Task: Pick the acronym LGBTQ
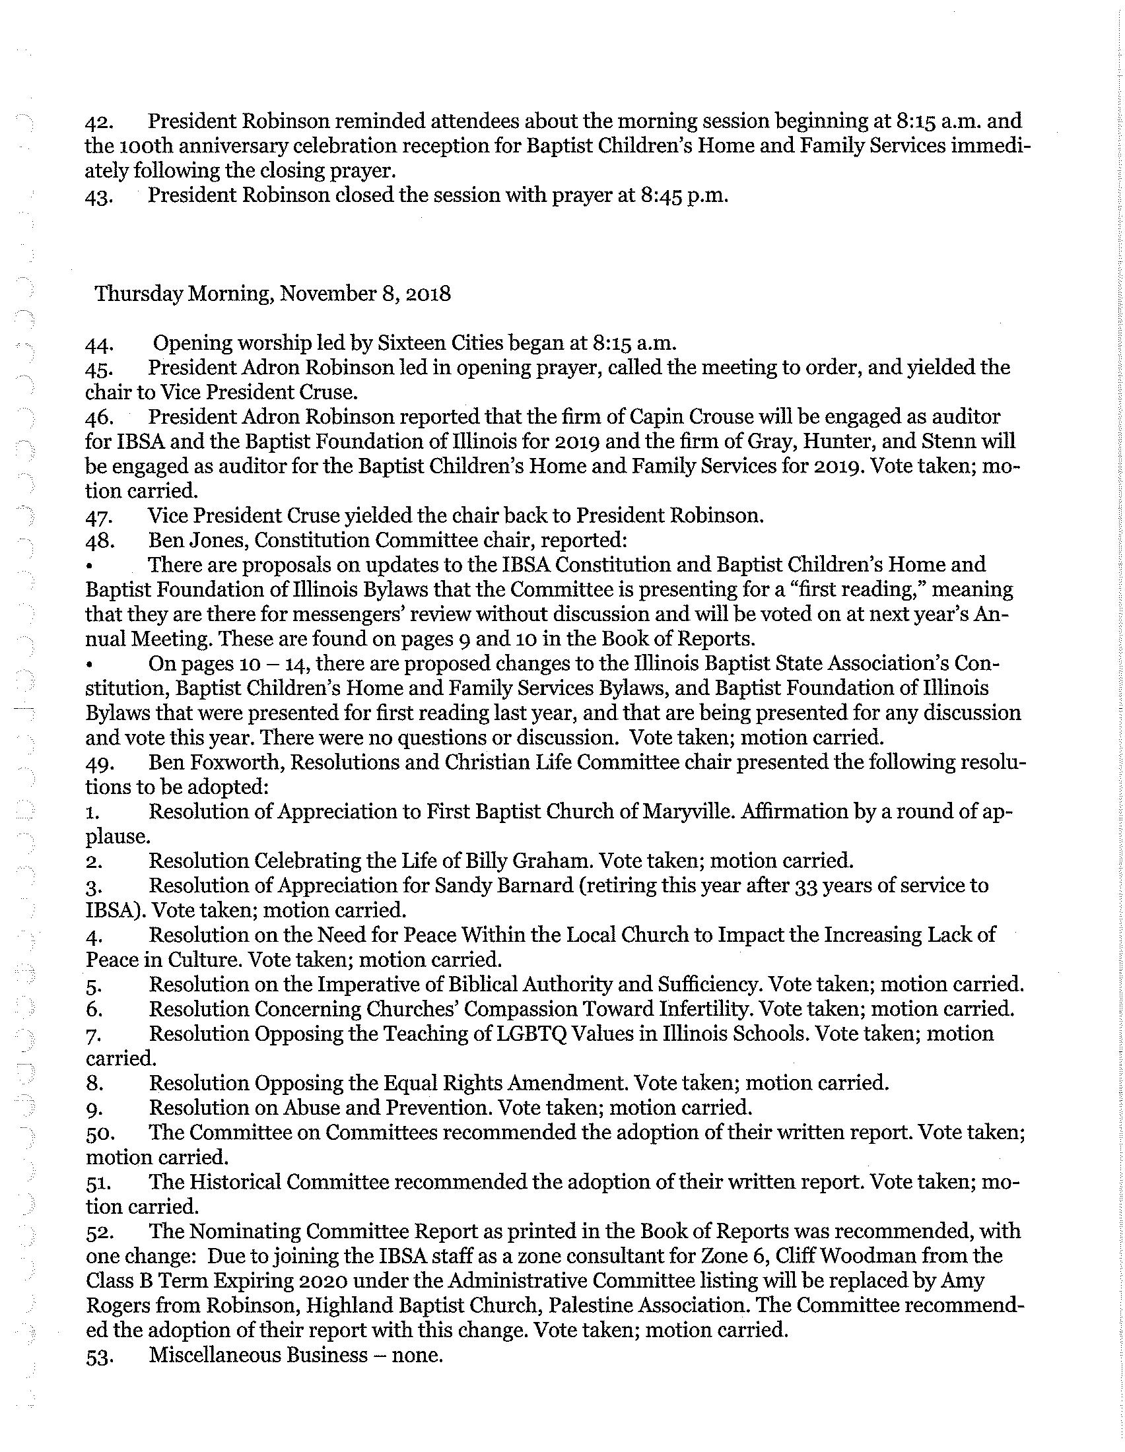[524, 1034]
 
